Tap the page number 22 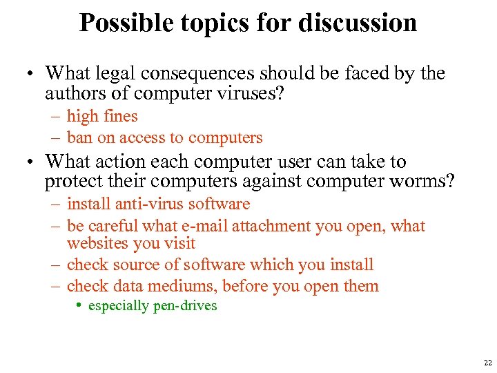[487, 362]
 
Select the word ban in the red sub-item [79, 137]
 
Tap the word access [143, 137]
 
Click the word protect [69, 181]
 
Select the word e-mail [207, 226]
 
